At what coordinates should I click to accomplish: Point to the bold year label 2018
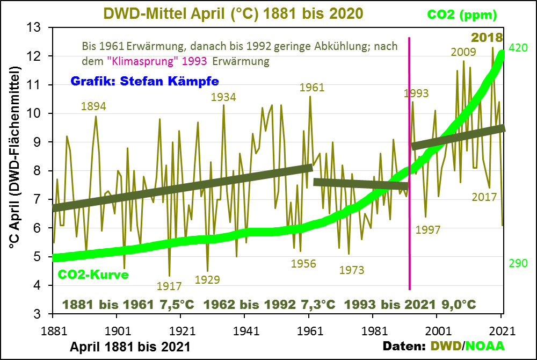click(487, 38)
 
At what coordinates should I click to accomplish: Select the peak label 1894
click(93, 106)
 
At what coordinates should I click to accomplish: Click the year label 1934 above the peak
click(223, 97)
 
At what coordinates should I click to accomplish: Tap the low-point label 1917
click(170, 286)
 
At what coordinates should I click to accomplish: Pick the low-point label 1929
click(208, 279)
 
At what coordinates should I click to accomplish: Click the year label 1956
click(303, 264)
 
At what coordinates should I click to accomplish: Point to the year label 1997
click(427, 230)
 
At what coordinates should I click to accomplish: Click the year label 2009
click(463, 52)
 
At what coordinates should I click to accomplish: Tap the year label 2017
click(484, 197)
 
